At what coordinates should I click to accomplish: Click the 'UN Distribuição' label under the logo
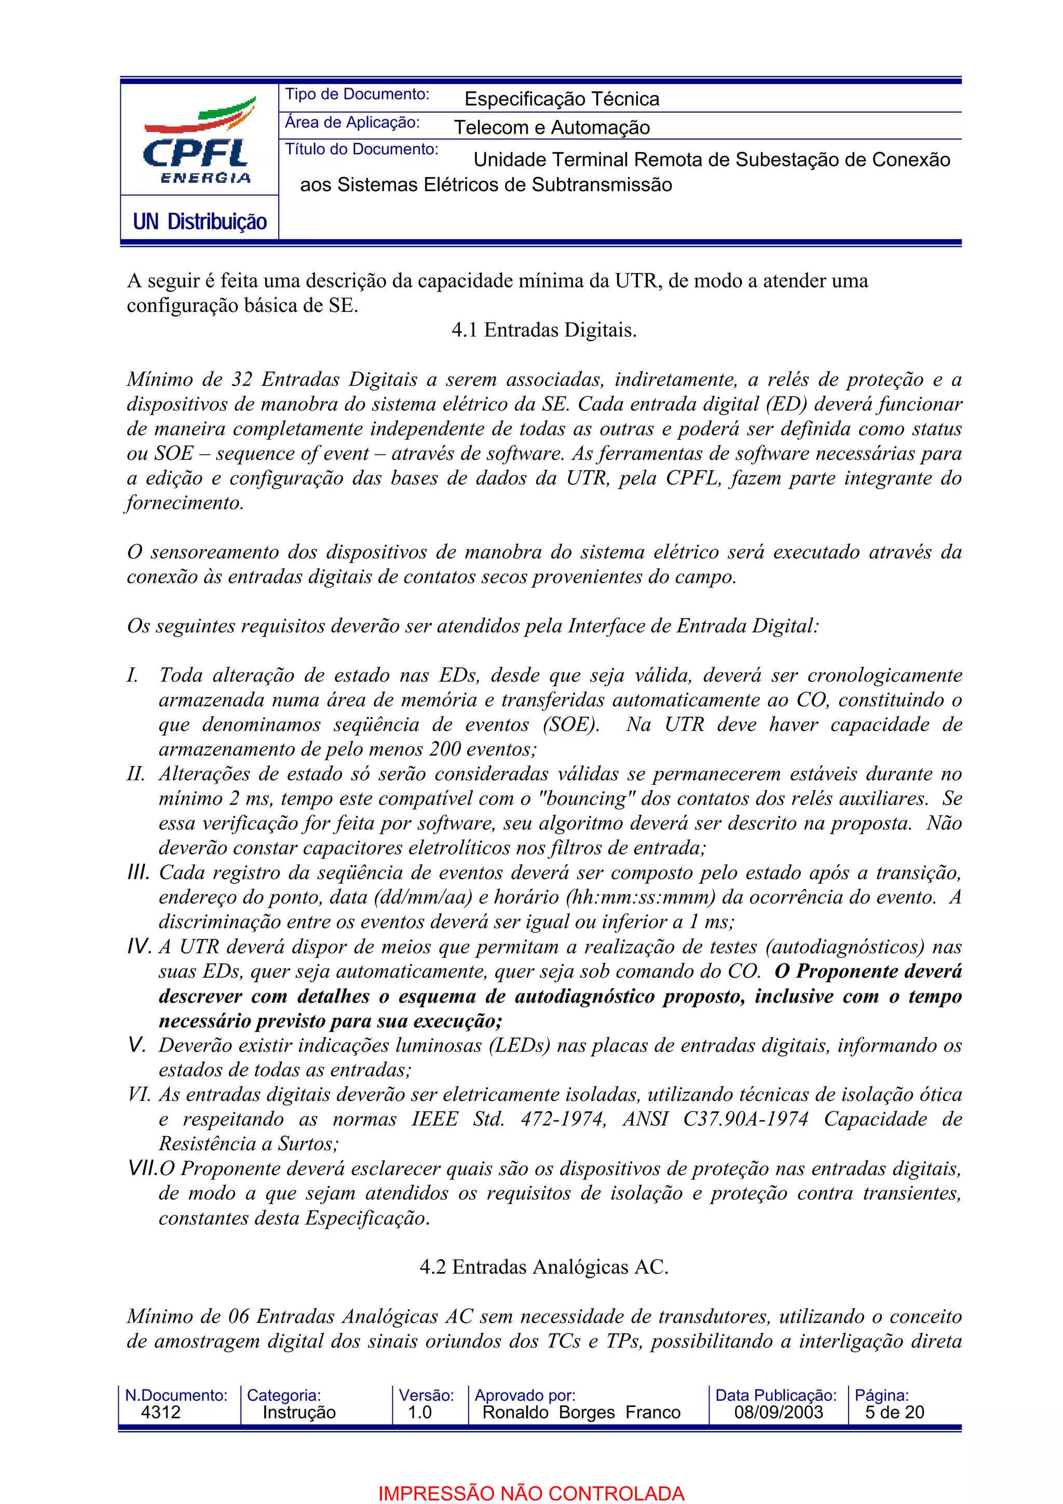[x=200, y=222]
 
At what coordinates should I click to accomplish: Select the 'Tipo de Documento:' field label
[x=357, y=94]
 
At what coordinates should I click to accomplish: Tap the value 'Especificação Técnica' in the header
[x=561, y=99]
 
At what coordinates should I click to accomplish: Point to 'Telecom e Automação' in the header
[x=551, y=127]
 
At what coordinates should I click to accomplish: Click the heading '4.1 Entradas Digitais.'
[x=543, y=330]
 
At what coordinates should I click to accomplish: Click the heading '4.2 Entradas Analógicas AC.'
[x=543, y=1266]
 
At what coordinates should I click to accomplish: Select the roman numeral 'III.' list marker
[x=138, y=872]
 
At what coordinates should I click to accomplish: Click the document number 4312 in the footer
[x=160, y=1412]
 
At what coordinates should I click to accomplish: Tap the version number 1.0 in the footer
[x=419, y=1412]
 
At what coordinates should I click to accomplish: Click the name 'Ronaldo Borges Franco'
[x=581, y=1412]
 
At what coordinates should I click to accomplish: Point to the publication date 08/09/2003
[x=778, y=1412]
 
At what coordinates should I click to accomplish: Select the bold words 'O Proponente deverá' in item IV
[x=868, y=971]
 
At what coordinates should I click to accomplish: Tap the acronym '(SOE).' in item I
[x=571, y=724]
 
